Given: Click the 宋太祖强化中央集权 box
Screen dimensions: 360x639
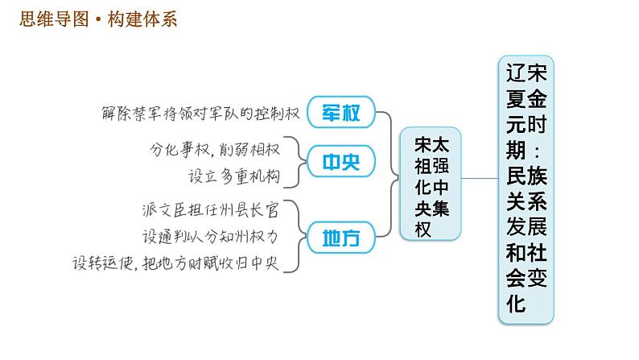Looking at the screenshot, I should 431,183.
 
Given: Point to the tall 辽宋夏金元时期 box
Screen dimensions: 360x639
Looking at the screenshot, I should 527,188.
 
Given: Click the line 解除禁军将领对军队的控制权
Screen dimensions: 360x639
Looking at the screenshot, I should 201,113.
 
